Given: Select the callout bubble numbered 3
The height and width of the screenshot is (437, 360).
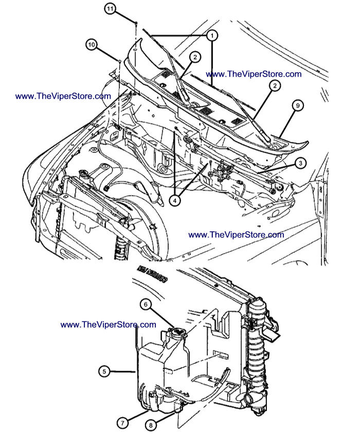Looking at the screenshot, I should pyautogui.click(x=300, y=162).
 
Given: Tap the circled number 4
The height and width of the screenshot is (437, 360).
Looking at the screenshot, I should pyautogui.click(x=176, y=201).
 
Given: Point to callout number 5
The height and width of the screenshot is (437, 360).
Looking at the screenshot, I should pyautogui.click(x=104, y=370).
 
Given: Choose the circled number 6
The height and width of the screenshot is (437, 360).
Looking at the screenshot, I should pyautogui.click(x=146, y=305).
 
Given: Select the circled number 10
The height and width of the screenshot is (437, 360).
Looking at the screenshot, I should pyautogui.click(x=92, y=45).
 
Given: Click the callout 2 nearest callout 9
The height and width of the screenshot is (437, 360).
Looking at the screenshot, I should pyautogui.click(x=275, y=86).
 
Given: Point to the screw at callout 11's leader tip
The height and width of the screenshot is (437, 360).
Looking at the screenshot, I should pyautogui.click(x=135, y=23).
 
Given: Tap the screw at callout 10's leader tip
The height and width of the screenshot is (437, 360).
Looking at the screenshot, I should pyautogui.click(x=119, y=61).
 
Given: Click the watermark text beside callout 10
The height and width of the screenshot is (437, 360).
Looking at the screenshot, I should pyautogui.click(x=63, y=96).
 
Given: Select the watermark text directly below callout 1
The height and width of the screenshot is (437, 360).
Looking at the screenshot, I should pyautogui.click(x=254, y=74).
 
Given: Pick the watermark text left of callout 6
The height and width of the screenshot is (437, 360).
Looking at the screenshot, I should pyautogui.click(x=108, y=324).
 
